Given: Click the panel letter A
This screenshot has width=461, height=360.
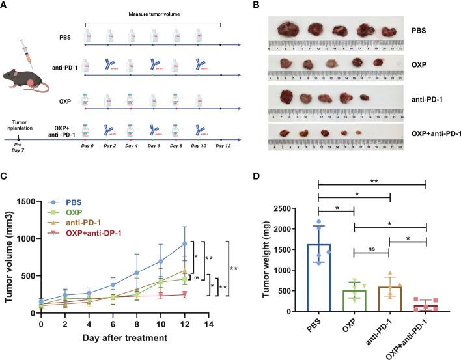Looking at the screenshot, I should [6, 6].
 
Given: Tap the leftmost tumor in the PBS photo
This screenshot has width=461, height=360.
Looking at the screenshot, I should [286, 29].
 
